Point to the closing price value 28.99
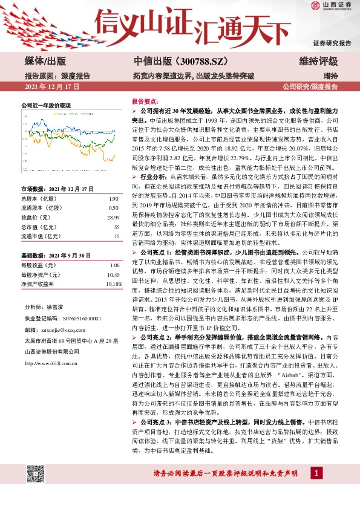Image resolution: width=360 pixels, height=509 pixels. click(x=113, y=216)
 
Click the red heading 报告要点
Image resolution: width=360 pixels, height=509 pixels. click(x=145, y=103)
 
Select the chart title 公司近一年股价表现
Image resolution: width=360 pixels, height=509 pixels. click(x=47, y=105)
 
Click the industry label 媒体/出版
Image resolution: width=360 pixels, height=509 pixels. click(x=45, y=62)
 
